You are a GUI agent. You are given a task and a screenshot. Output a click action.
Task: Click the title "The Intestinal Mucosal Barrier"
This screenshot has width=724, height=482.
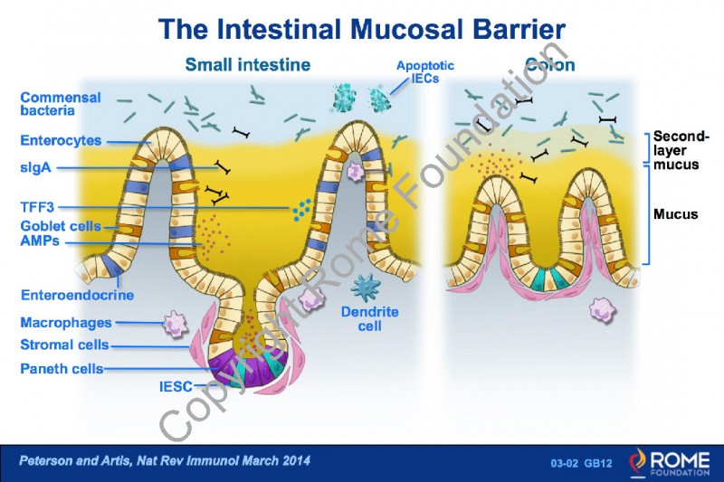[x=362, y=29]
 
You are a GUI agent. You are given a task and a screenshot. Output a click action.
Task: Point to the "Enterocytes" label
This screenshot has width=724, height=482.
[x=60, y=140]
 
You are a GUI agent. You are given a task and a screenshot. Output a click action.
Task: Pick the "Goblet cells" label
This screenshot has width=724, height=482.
[x=60, y=226]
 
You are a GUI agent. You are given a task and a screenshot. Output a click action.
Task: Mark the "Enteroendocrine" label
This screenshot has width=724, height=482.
[x=77, y=295]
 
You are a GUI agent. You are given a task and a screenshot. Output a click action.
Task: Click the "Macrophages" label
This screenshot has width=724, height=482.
[x=65, y=323]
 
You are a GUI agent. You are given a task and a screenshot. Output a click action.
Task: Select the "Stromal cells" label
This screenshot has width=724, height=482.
[x=64, y=345]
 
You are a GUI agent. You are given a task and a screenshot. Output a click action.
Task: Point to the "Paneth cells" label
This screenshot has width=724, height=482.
[x=62, y=368]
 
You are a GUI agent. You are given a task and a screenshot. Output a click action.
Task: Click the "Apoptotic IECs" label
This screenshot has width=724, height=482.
[x=424, y=71]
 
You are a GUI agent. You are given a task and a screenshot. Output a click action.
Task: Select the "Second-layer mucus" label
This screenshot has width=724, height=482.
[x=681, y=151]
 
